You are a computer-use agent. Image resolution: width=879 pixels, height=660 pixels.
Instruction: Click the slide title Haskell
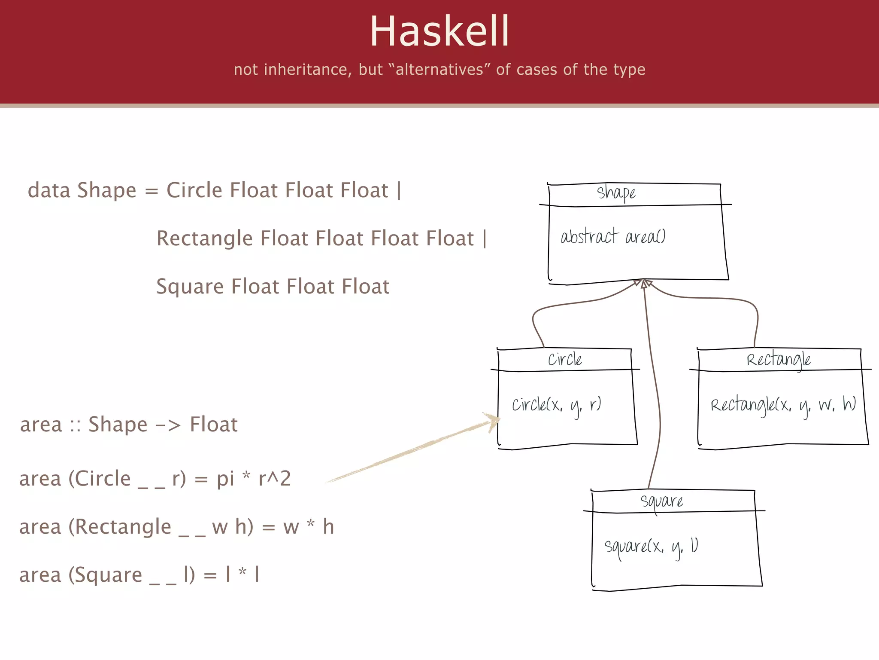(x=439, y=31)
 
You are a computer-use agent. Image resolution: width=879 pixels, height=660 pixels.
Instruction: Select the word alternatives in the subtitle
(x=439, y=70)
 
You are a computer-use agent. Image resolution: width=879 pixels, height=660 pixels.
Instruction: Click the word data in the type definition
(x=48, y=190)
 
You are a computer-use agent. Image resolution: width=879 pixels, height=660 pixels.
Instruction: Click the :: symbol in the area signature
(x=76, y=425)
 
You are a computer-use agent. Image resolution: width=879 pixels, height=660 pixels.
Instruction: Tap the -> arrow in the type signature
(x=168, y=425)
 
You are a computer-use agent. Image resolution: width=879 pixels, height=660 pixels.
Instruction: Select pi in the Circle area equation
(x=225, y=479)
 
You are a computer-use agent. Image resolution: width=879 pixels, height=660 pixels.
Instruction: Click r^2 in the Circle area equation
(x=275, y=479)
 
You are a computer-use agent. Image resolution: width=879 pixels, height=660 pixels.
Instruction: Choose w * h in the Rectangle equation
(x=309, y=527)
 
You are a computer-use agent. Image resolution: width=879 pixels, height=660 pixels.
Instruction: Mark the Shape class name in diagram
(x=616, y=193)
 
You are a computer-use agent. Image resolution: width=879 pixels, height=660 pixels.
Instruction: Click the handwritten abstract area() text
(x=613, y=237)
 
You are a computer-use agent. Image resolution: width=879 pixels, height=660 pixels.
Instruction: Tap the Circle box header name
(x=565, y=360)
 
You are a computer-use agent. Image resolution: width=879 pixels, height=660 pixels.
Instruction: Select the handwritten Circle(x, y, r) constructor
(x=556, y=405)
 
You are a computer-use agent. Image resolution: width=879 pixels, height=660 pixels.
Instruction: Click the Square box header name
(x=661, y=501)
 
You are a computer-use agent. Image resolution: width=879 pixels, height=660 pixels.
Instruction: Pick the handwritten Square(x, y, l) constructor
(x=651, y=547)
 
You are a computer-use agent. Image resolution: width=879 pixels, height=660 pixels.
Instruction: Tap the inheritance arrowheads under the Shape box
(x=643, y=284)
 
